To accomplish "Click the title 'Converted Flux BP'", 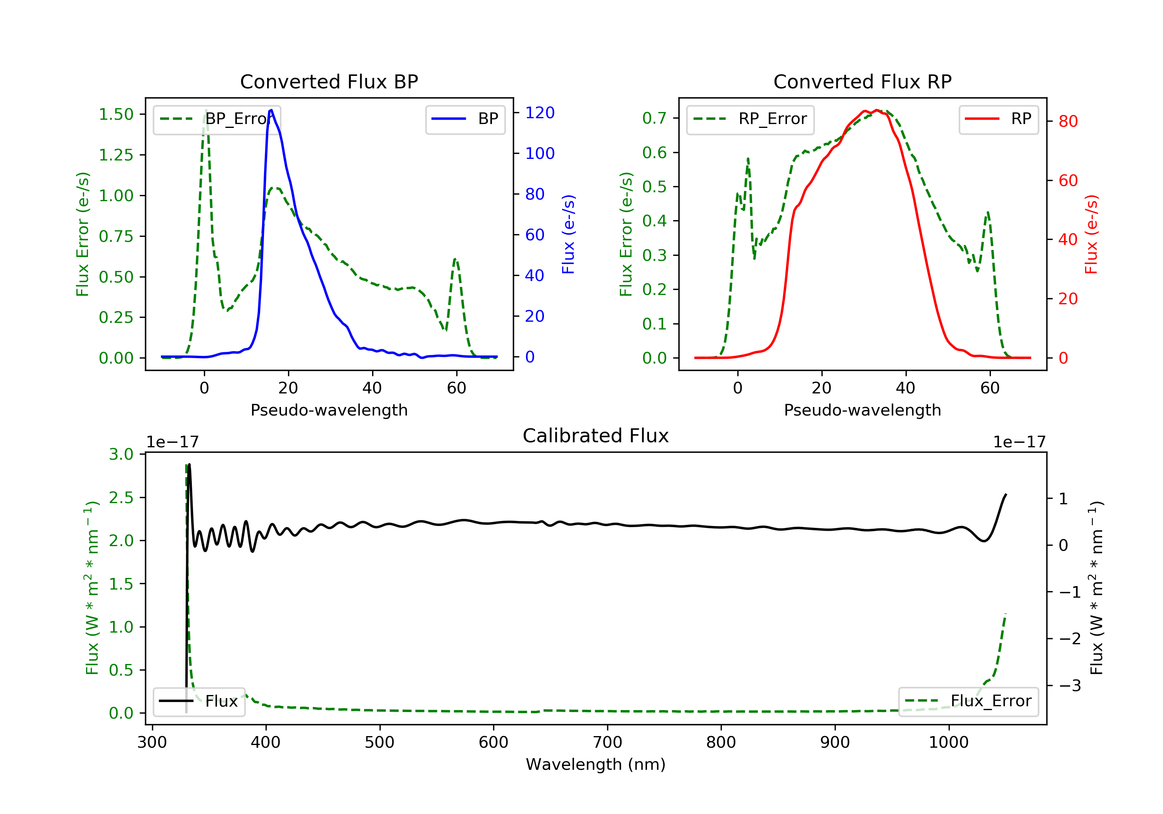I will click(329, 81).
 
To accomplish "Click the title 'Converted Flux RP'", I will click(862, 81).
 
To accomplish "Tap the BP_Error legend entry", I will click(217, 119).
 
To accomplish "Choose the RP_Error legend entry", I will click(750, 119).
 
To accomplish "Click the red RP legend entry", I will click(998, 119).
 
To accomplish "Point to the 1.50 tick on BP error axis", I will click(116, 114).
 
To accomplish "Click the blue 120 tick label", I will click(540, 113).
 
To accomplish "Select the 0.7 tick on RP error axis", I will click(654, 119).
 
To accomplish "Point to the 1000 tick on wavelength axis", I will click(948, 743).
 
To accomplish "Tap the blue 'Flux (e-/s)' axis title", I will click(568, 234).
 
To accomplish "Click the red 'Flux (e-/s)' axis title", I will click(1091, 234).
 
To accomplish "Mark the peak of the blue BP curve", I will click(271, 110).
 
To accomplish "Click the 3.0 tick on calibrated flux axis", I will click(121, 454).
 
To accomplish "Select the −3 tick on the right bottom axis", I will click(1069, 686).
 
